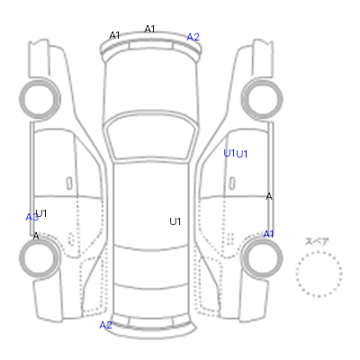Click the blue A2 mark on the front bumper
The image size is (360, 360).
tap(193, 37)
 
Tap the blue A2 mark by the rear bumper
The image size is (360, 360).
tap(105, 325)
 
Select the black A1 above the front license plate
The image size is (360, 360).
tap(149, 29)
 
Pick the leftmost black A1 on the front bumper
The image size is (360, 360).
tap(114, 35)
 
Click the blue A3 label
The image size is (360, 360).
tap(31, 217)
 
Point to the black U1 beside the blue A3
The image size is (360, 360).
tap(41, 213)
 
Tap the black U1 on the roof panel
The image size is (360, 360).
tap(175, 221)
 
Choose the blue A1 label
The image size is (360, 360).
tap(268, 234)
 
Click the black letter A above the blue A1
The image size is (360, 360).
tap(269, 197)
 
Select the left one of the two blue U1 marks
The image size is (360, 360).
tap(229, 153)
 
